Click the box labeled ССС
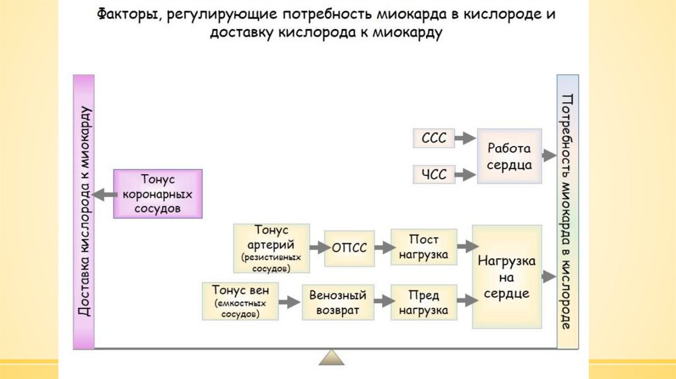(434, 139)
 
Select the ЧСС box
(434, 175)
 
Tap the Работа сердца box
(509, 156)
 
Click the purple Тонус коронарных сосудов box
(157, 193)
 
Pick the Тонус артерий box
(271, 248)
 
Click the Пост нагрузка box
(423, 247)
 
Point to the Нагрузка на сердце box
(506, 277)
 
